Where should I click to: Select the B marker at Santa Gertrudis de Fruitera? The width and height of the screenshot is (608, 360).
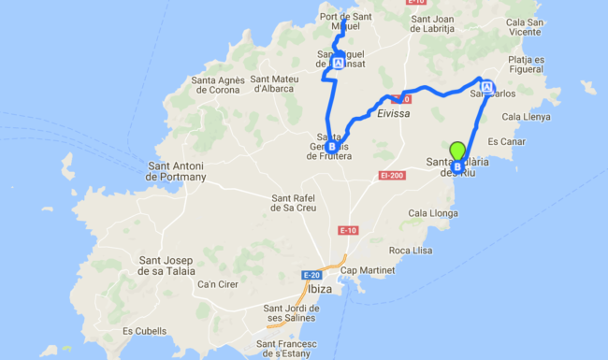pyautogui.click(x=332, y=146)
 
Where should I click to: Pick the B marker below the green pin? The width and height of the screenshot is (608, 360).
pyautogui.click(x=457, y=167)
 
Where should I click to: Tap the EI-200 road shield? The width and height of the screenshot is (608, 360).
pyautogui.click(x=392, y=175)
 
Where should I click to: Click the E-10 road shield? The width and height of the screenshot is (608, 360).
pyautogui.click(x=348, y=230)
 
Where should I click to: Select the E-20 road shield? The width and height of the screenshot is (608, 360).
pyautogui.click(x=311, y=275)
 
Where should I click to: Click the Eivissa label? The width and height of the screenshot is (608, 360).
pyautogui.click(x=395, y=112)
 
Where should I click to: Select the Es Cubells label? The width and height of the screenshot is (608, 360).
pyautogui.click(x=144, y=331)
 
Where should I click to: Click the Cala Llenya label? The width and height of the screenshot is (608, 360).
pyautogui.click(x=527, y=117)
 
